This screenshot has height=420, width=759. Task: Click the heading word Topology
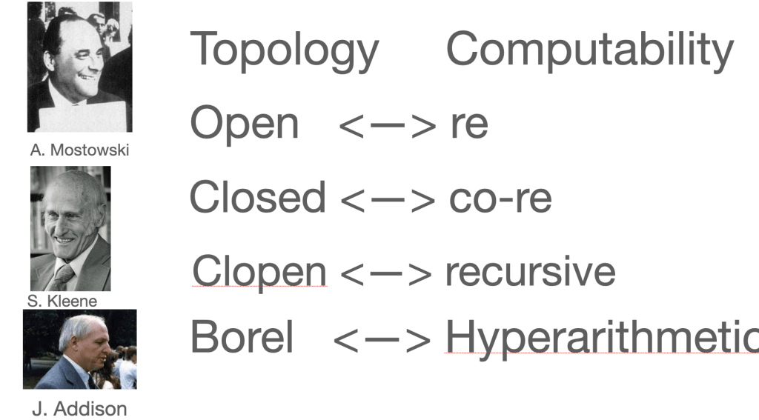285,51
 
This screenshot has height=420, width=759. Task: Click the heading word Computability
590,51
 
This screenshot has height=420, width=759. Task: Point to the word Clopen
259,272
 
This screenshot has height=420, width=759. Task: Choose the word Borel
242,336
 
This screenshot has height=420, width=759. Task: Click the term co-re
500,199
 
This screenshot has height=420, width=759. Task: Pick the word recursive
531,272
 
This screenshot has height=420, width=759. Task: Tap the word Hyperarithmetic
602,338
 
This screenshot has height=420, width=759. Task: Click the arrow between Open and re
387,126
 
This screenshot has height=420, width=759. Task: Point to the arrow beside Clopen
385,274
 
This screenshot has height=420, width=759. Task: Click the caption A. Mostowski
79,150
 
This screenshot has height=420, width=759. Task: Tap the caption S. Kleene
62,301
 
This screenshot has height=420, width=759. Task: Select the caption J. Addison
79,409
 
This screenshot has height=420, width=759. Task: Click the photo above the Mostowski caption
80,67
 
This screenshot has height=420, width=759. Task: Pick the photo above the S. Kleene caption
70,228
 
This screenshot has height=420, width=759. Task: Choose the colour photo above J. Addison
80,350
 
